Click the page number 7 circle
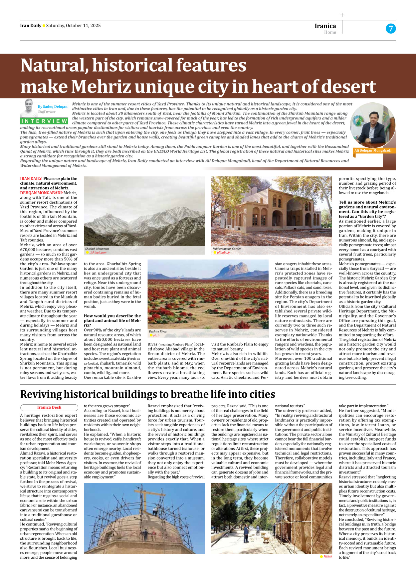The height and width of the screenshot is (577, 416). [x=391, y=29]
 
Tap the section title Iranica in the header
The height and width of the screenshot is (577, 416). [x=325, y=26]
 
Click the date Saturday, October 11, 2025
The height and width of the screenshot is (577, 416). [x=73, y=26]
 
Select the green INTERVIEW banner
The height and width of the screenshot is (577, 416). [x=44, y=121]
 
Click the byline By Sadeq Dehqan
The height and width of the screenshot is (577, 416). [x=53, y=106]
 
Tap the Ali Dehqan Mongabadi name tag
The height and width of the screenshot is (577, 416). [x=373, y=151]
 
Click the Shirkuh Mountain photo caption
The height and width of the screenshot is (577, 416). [x=97, y=249]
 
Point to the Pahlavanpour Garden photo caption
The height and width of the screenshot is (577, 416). [x=227, y=249]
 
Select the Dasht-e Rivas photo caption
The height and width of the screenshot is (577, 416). [x=158, y=331]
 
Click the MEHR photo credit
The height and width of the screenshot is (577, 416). [x=327, y=556]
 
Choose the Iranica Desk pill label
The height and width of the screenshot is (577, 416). [x=49, y=407]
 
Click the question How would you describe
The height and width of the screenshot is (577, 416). [x=112, y=316]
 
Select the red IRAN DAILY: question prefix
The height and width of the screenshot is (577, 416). [x=31, y=179]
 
